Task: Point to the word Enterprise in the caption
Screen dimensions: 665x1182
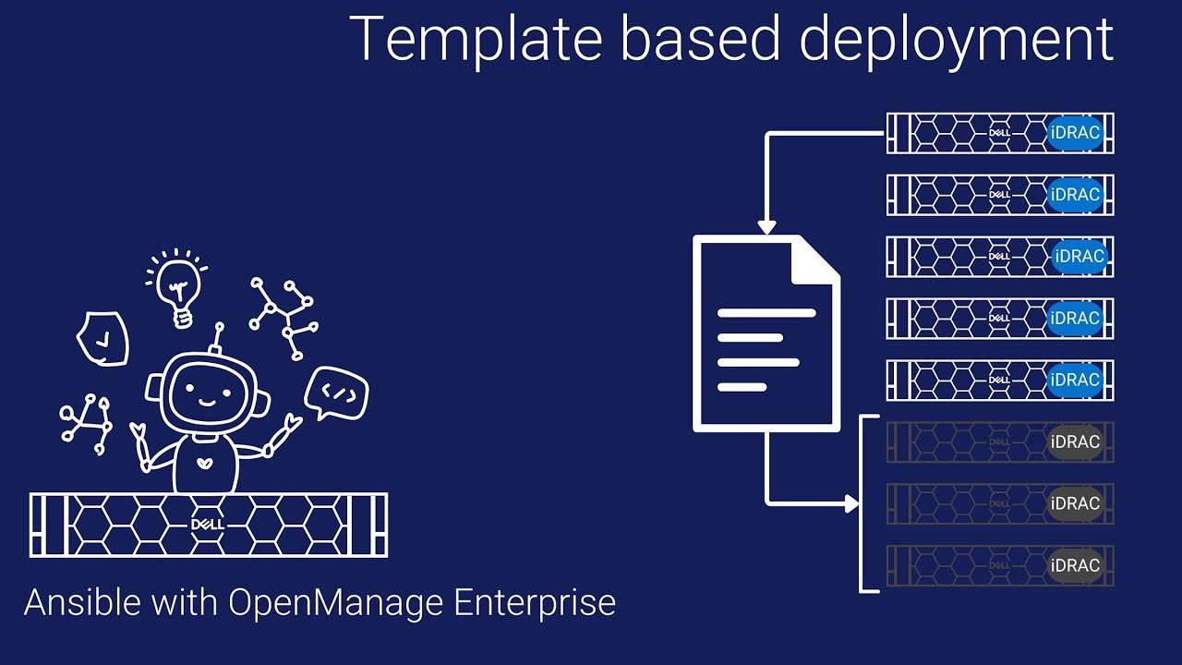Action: (535, 602)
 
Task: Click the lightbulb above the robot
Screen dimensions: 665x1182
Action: (177, 286)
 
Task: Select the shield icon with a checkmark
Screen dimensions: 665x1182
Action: (102, 338)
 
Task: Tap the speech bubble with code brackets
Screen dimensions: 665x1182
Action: (337, 393)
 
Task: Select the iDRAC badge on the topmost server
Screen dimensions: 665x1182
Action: (1076, 133)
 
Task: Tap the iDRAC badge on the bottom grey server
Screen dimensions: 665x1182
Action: (1076, 565)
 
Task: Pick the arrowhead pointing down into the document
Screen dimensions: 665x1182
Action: (766, 227)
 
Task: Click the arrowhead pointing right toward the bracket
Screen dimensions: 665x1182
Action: (851, 503)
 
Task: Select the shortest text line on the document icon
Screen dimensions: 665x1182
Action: (742, 386)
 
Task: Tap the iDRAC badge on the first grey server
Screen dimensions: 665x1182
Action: (1076, 441)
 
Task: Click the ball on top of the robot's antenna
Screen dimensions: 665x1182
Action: (219, 327)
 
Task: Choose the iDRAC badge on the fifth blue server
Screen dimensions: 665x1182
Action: (1076, 380)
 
